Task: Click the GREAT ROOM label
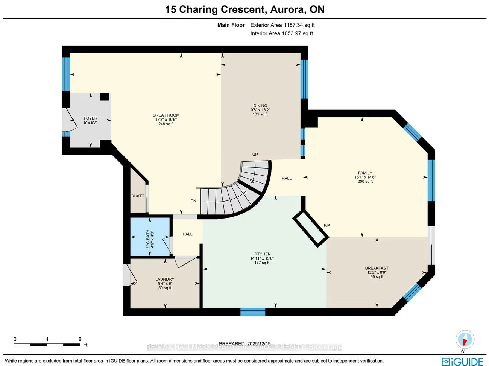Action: coord(166,115)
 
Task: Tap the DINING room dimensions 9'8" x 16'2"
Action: coord(260,110)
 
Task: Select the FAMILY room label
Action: coord(365,173)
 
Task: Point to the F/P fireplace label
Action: coord(327,225)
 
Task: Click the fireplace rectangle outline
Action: coord(311,229)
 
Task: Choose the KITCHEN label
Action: coord(262,254)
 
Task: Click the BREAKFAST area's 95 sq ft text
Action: coord(377,277)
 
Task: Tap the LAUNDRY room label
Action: coord(165,279)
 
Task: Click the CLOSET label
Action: coord(138,196)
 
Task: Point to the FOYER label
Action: coord(90,118)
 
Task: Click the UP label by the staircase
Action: coord(255,155)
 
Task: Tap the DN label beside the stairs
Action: coord(193,201)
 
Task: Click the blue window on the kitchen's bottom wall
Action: coord(253,312)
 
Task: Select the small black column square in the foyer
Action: coord(105,97)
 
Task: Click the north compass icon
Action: coord(465,340)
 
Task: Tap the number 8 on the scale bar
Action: coord(80,339)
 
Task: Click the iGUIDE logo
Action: coord(462,361)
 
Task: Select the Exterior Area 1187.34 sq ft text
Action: coord(282,25)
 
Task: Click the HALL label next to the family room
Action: coord(287,178)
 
